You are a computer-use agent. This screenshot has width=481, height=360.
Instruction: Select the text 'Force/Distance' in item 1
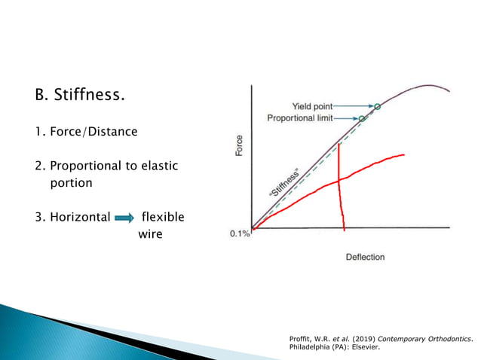94,132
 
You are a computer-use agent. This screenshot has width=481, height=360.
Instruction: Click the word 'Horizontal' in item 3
80,218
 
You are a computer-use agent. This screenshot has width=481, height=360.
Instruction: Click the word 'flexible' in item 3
163,218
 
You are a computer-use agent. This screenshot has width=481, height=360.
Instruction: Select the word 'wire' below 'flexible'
150,234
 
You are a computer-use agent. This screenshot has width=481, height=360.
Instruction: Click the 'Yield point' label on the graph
312,106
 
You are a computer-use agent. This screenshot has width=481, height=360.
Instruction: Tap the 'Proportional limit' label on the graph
299,118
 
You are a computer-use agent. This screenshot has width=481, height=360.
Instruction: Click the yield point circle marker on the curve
378,107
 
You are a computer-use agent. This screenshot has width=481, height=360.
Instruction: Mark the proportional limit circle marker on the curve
361,118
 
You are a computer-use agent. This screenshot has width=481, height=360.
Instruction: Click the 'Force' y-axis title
240,145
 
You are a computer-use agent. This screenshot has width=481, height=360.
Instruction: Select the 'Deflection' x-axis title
365,257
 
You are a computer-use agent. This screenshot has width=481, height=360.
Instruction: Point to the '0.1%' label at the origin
240,234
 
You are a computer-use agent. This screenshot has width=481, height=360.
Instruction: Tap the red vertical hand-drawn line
341,188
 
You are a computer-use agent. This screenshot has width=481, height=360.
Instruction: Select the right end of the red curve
403,155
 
